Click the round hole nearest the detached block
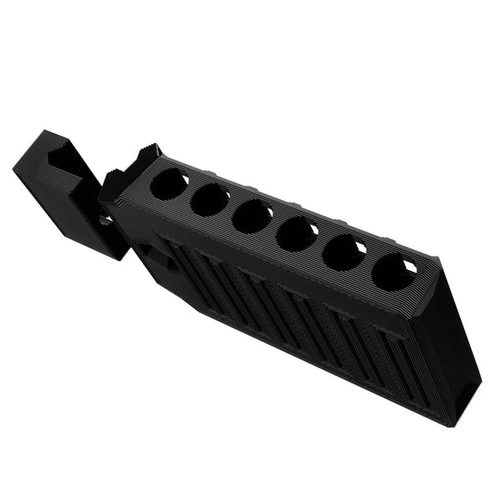tap(169, 183)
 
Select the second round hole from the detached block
tap(210, 199)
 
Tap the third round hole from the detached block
tap(252, 216)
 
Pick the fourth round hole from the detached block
tap(296, 233)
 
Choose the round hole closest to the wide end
tap(392, 271)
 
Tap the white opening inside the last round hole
tap(410, 267)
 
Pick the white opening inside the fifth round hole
tap(360, 248)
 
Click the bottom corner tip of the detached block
tap(116, 258)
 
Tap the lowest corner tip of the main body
tap(456, 424)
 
